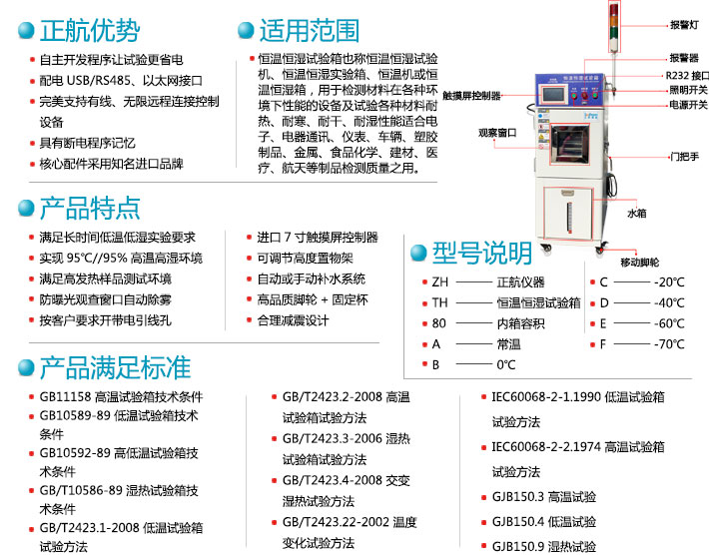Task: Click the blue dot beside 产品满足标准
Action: coord(24,368)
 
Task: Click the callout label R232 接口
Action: coord(688,75)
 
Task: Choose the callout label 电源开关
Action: coord(688,104)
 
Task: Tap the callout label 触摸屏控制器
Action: coord(471,96)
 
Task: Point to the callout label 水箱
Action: coord(636,213)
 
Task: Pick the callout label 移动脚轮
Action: coord(640,262)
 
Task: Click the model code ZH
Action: coord(439,281)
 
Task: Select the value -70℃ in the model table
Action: coord(668,344)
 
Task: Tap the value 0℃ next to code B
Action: coord(506,365)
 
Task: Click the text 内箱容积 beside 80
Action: coord(520,323)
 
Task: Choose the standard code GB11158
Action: coord(65,395)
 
